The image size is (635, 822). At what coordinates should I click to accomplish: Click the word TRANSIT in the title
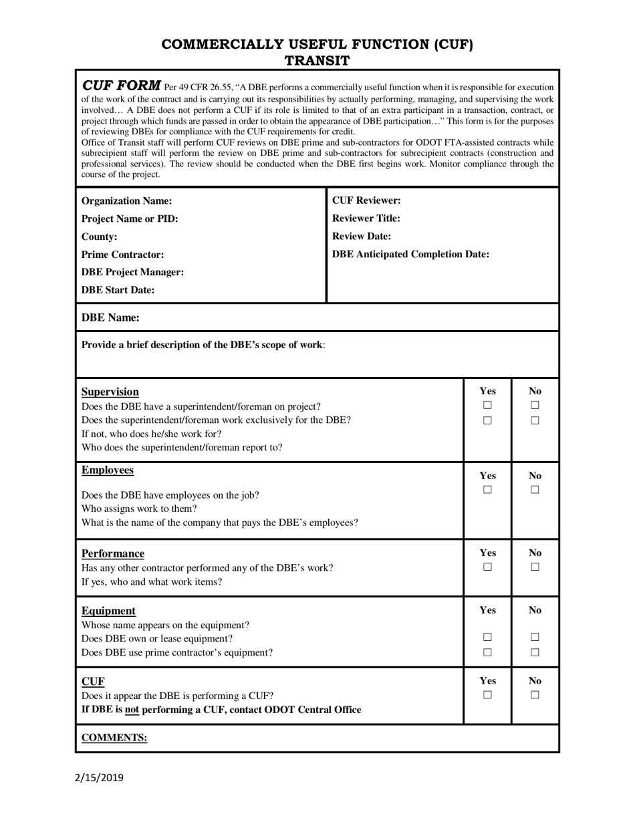click(x=317, y=61)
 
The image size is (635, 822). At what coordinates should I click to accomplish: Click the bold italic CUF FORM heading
click(x=121, y=86)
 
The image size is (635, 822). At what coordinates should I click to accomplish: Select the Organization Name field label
click(x=126, y=201)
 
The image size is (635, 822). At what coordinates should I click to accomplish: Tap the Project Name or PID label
click(x=130, y=219)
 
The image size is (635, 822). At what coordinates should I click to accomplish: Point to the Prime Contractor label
click(x=122, y=255)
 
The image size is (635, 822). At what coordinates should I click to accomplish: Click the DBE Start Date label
click(x=118, y=290)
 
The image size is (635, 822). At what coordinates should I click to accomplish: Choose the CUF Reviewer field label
click(x=366, y=200)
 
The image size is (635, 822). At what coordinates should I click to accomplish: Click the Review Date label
click(x=362, y=237)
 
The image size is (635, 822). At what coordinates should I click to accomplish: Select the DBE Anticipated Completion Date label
click(x=410, y=255)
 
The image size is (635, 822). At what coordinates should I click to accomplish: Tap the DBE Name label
click(x=110, y=318)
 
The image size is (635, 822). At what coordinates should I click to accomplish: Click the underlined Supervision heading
click(x=110, y=392)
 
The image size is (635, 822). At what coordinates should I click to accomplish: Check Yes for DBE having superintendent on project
click(x=487, y=406)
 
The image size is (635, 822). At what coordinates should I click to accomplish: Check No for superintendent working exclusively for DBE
click(x=535, y=421)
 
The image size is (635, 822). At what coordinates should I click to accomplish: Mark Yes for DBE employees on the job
click(x=487, y=491)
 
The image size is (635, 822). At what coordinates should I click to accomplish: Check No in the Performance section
click(x=535, y=567)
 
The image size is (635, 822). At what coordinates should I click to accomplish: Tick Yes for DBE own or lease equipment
click(x=487, y=638)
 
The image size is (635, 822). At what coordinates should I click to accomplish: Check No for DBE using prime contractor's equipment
click(x=535, y=652)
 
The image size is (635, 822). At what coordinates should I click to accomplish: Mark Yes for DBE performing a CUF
click(x=487, y=695)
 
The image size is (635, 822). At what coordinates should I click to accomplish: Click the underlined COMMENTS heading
click(x=114, y=738)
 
